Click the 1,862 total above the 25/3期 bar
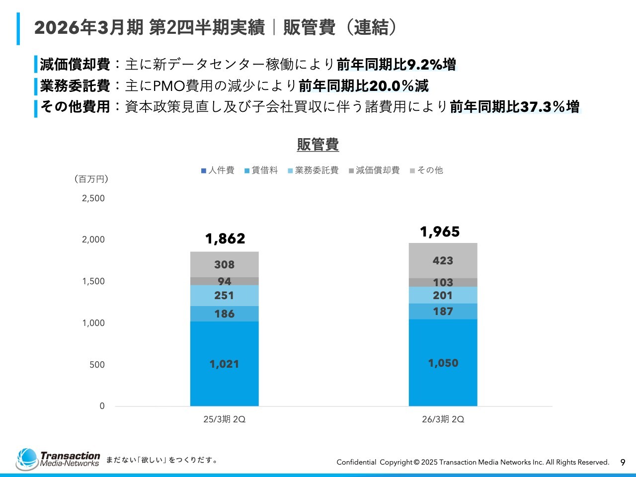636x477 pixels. (225, 239)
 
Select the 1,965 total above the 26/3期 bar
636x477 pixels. (440, 232)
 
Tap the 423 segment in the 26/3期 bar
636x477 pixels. (443, 261)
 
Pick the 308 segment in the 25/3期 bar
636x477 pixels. (224, 265)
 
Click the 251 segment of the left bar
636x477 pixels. (224, 296)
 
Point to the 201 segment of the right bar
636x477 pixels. (443, 296)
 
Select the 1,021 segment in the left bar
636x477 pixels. (224, 364)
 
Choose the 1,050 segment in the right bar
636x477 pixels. (443, 363)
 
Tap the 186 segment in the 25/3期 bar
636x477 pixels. (224, 314)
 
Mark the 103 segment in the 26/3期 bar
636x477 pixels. (443, 283)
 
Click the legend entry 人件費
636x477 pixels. (218, 170)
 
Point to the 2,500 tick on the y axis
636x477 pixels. (93, 198)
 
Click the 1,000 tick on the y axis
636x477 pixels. (93, 323)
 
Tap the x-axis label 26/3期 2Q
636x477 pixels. (443, 419)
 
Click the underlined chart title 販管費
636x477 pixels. (318, 145)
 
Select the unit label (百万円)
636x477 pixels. (91, 179)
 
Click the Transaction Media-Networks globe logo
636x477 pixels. (27, 459)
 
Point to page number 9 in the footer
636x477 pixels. (623, 463)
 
